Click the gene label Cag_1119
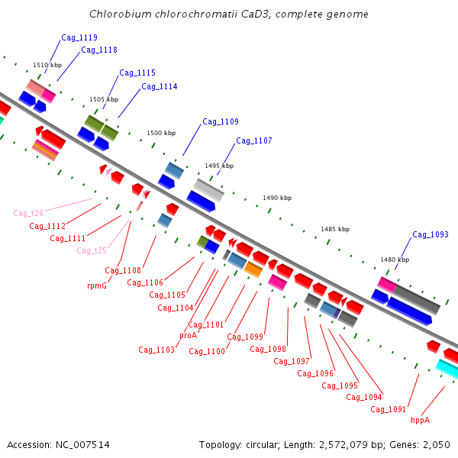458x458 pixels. click(x=79, y=37)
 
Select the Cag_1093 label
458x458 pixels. click(x=431, y=234)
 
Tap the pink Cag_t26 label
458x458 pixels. click(x=28, y=213)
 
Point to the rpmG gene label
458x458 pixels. click(x=97, y=285)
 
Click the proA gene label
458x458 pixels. click(x=188, y=335)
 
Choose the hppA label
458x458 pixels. click(x=421, y=420)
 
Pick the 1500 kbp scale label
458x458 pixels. click(x=161, y=133)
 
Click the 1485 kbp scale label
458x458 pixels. click(x=335, y=229)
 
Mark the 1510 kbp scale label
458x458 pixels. click(x=47, y=65)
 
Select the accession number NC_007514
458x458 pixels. click(x=82, y=445)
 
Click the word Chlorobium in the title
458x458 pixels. click(x=121, y=14)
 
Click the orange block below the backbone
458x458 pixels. click(x=253, y=269)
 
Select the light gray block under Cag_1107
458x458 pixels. click(x=208, y=190)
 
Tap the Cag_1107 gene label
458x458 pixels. click(x=254, y=140)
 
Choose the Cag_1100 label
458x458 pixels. click(x=207, y=351)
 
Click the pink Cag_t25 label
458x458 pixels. click(x=92, y=250)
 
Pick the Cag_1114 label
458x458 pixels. click(x=160, y=86)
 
